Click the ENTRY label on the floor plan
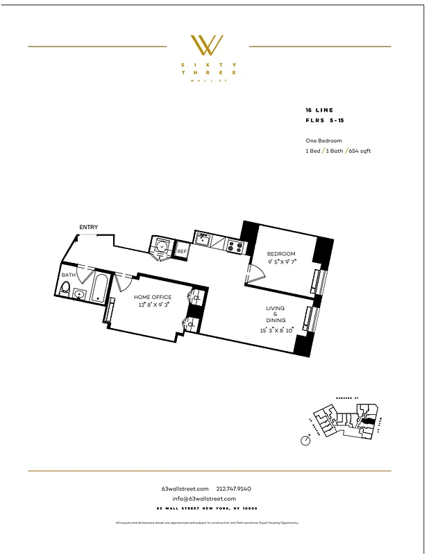point(88,228)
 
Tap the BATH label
point(68,275)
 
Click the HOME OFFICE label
point(153,297)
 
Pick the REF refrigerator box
point(181,251)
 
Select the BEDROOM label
point(282,254)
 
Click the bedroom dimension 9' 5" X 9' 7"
point(282,262)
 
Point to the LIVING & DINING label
point(276,314)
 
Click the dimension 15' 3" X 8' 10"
point(276,330)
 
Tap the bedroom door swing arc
point(254,275)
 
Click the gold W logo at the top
point(206,46)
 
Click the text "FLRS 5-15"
point(324,120)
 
